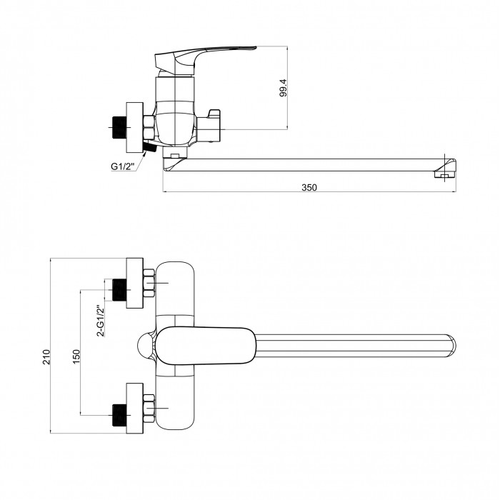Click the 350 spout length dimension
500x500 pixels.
tap(309, 187)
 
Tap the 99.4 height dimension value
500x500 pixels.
tap(283, 88)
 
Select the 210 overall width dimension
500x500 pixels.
tap(46, 357)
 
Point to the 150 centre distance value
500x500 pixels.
tap(76, 357)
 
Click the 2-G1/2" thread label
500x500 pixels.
tap(101, 321)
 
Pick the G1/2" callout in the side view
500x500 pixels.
tap(123, 166)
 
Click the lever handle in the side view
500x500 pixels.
tap(206, 61)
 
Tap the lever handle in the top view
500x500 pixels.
tap(206, 346)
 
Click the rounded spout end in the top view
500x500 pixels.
tap(451, 345)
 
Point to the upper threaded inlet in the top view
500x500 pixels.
tap(119, 290)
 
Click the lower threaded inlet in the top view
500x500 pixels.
tap(119, 415)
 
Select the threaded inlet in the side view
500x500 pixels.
tap(119, 128)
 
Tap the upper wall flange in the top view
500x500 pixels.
tap(135, 283)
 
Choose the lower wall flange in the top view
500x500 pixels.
tap(135, 408)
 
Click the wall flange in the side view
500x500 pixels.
tap(135, 128)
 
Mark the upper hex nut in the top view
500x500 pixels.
tap(149, 283)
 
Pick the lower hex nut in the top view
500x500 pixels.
tap(149, 409)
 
